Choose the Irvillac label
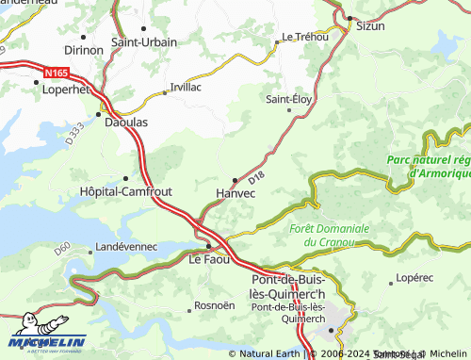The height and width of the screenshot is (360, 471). [x=186, y=86]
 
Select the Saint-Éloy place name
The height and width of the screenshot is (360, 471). [x=288, y=99]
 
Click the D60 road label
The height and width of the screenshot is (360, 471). [x=63, y=249]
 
